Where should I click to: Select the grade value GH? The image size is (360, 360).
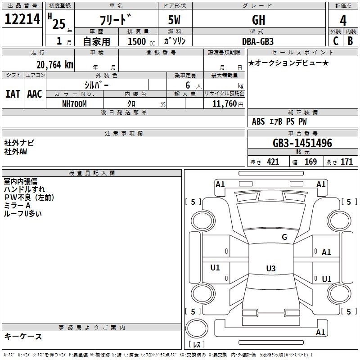point(258,20)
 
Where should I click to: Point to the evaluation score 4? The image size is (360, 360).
point(343,20)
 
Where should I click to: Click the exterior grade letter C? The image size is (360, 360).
point(336,40)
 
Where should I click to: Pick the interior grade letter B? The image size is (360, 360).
point(351,40)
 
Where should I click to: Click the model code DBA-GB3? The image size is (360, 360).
point(258,41)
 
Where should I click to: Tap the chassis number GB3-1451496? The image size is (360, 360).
point(302,144)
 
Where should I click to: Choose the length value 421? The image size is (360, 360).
point(273,162)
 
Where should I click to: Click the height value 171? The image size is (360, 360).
point(346,162)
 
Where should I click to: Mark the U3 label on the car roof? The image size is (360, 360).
point(270,269)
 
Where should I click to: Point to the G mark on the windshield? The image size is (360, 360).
point(284,237)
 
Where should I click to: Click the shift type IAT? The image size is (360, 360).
point(13,94)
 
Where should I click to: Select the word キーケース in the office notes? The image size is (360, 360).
point(23,337)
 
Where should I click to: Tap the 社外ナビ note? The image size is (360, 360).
point(19,143)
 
